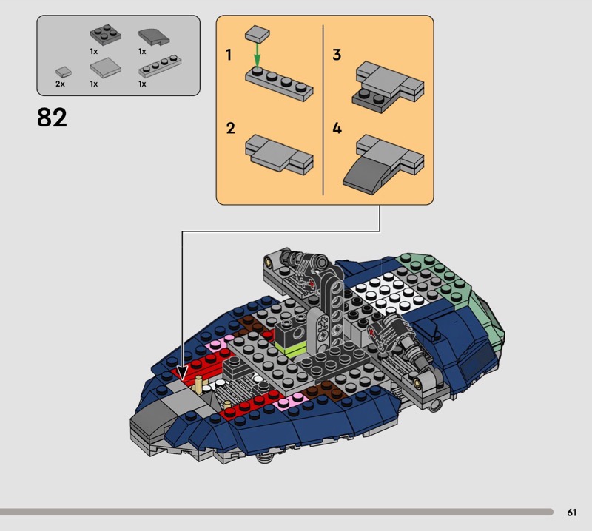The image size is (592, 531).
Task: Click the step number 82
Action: (52, 118)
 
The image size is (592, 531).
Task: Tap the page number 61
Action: (571, 512)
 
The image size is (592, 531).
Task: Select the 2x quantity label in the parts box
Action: (60, 84)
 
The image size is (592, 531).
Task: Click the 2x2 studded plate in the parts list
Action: (105, 35)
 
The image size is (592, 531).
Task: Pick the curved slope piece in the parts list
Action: (154, 37)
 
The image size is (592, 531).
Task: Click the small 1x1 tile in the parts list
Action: (64, 72)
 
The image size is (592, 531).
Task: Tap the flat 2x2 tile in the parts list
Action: (105, 67)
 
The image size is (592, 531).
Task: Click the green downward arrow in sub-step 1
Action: (257, 55)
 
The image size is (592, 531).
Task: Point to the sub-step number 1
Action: (229, 55)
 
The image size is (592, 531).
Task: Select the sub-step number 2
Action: (230, 129)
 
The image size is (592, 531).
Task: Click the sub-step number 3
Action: (337, 55)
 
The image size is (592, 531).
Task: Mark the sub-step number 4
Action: (337, 129)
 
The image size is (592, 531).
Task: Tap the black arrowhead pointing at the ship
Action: (182, 373)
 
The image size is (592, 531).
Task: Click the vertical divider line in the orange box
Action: (323, 110)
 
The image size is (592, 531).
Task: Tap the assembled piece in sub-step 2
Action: (279, 155)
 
